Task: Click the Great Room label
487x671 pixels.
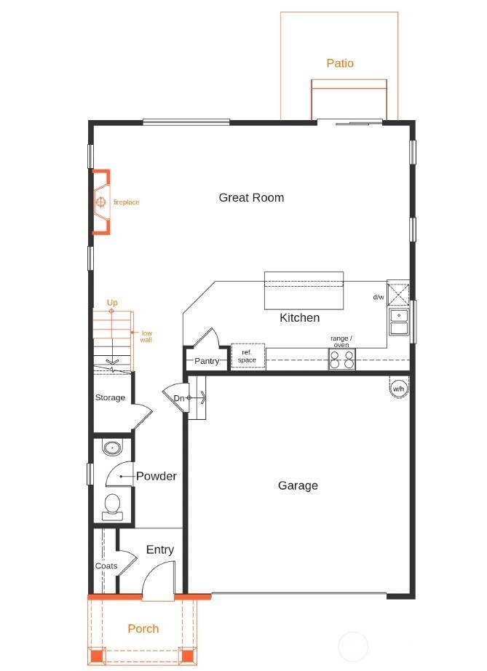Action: click(x=251, y=198)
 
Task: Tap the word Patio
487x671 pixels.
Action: click(x=340, y=63)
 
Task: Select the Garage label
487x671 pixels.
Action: click(x=298, y=485)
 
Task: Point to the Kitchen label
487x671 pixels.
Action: click(x=300, y=317)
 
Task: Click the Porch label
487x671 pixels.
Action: click(x=143, y=629)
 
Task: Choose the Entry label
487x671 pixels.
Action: click(x=160, y=550)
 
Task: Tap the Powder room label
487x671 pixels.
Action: click(x=157, y=476)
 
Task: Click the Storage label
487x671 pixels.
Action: click(x=110, y=397)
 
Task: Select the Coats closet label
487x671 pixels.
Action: click(x=106, y=565)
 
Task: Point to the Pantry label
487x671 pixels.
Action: click(x=207, y=361)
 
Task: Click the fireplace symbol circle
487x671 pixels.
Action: click(x=101, y=202)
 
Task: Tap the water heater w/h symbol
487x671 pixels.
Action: click(x=398, y=387)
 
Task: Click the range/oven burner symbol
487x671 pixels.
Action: click(x=342, y=359)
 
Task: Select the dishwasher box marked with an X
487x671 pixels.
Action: click(x=398, y=295)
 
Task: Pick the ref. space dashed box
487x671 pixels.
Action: click(x=248, y=356)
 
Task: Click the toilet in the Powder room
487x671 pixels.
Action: click(x=113, y=507)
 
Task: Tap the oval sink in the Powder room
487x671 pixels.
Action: click(x=112, y=448)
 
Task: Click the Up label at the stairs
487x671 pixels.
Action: click(x=112, y=303)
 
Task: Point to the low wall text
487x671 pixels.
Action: click(x=146, y=336)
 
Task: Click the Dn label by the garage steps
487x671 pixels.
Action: click(x=179, y=398)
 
